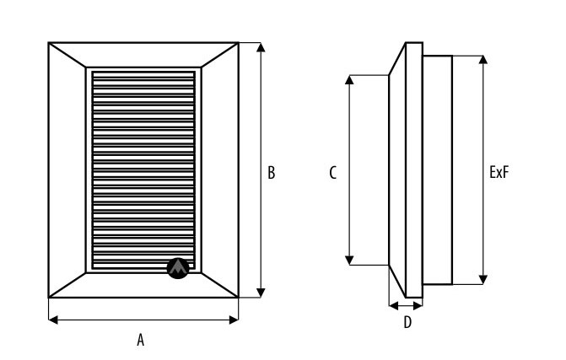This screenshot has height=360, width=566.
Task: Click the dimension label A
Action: [x=141, y=340]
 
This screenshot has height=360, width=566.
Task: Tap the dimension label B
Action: [x=271, y=173]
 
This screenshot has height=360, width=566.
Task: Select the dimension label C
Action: [x=333, y=173]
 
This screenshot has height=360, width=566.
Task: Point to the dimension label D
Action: [x=407, y=322]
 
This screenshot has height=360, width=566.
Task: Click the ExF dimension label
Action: [x=499, y=173]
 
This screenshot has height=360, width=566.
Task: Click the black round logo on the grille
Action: [x=178, y=268]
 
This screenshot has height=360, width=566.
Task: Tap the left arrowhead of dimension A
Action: [x=51, y=319]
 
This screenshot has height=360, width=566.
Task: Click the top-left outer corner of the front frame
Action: [x=48, y=42]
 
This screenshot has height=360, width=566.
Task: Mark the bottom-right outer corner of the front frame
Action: [x=239, y=297]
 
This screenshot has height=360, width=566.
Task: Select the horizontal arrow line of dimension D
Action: [x=405, y=304]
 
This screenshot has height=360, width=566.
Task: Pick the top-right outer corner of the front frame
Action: [x=239, y=42]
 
